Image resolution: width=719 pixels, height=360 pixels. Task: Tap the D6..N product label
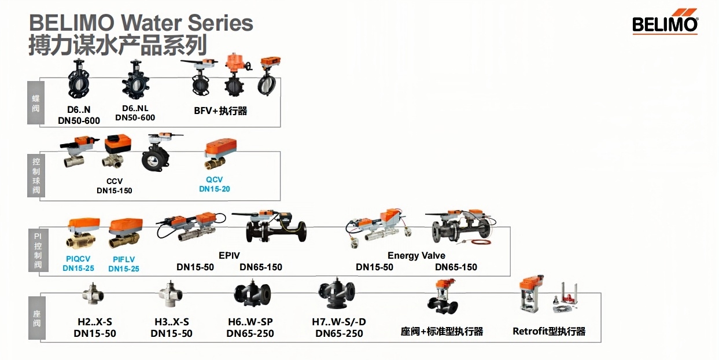point(79,109)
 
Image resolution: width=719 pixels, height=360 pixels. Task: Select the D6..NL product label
point(136,108)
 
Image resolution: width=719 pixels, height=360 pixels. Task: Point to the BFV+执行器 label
point(220,111)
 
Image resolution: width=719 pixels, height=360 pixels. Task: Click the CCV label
point(115,181)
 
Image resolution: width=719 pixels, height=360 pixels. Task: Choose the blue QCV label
point(214,179)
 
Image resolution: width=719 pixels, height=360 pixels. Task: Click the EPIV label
point(229,255)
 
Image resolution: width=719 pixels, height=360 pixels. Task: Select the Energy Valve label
point(416,255)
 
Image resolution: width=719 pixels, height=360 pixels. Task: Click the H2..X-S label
point(95,322)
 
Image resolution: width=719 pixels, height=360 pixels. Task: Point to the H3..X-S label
point(172,322)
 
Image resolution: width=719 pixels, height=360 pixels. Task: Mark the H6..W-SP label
point(250,322)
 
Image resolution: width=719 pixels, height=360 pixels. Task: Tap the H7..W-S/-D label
point(339,322)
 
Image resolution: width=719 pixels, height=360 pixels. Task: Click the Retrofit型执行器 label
point(549,331)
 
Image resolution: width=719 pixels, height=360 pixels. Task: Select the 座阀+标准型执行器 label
point(441,331)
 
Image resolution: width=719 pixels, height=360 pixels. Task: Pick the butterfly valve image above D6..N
point(79,80)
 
